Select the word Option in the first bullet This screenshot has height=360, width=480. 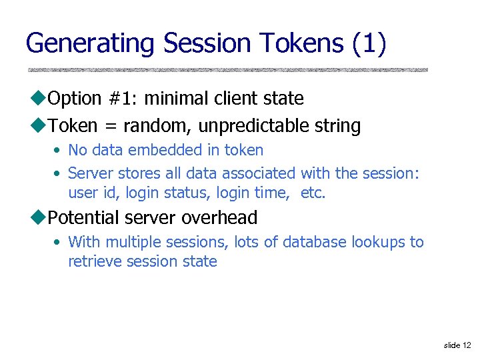[75, 99]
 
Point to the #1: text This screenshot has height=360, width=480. [122, 99]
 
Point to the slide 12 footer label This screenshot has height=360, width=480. [457, 345]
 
